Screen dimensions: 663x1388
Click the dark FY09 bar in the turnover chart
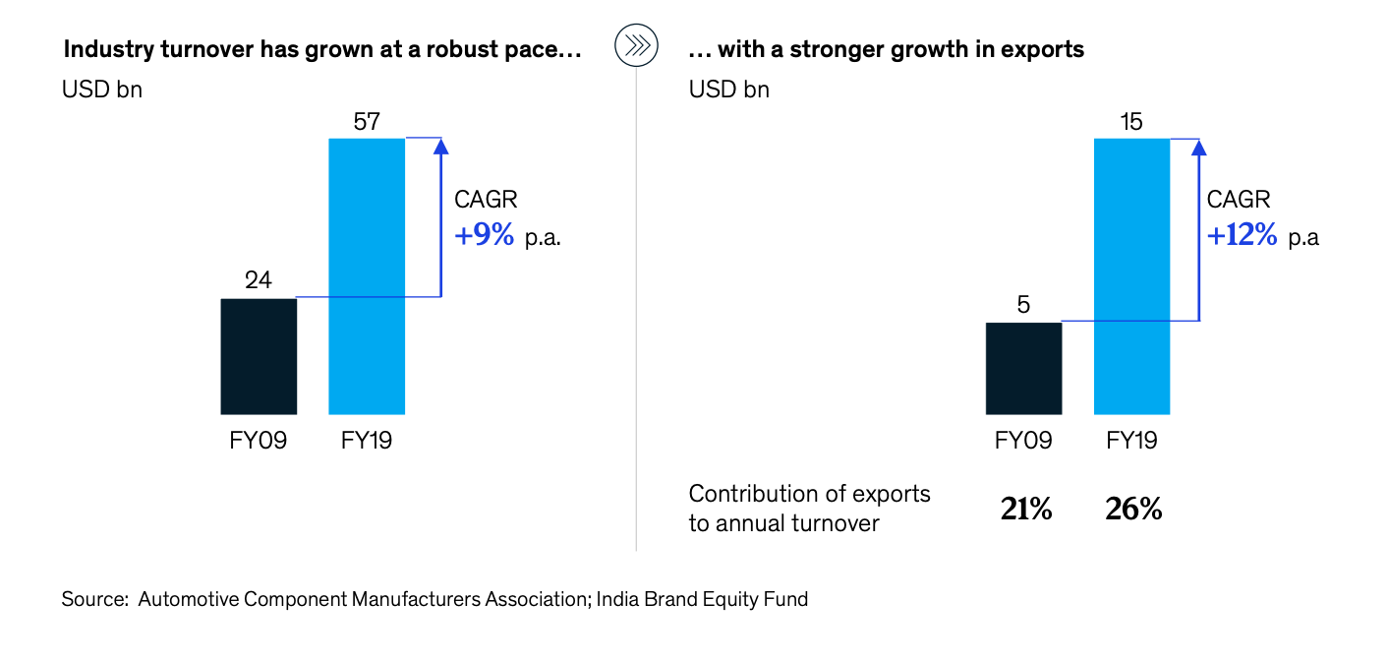pos(259,355)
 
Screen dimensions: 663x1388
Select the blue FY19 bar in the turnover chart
pos(367,275)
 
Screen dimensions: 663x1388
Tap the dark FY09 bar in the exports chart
pos(1023,367)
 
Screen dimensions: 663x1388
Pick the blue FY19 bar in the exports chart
pos(1131,275)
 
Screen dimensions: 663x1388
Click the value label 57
pos(367,122)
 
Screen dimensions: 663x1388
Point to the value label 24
pos(259,281)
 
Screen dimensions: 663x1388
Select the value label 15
pos(1131,122)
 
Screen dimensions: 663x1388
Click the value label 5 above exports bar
pos(1023,305)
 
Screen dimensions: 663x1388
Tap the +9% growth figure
pos(484,236)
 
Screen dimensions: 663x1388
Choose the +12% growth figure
pos(1242,236)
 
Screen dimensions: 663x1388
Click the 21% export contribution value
pos(1026,509)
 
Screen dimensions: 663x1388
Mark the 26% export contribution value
pos(1135,509)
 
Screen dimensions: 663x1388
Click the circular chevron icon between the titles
pos(635,47)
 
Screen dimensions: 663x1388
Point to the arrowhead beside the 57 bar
pos(440,147)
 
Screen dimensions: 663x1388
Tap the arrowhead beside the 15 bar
pos(1198,147)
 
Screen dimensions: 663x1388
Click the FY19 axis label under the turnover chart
pos(367,440)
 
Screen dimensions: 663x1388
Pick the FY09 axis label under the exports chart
pos(1023,440)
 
